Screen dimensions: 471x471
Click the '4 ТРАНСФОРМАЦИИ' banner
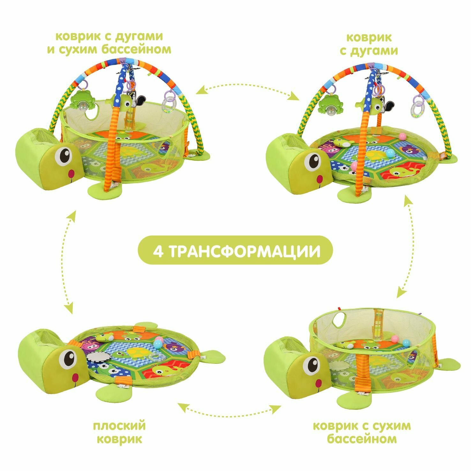pyautogui.click(x=235, y=251)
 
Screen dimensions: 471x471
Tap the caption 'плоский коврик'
pyautogui.click(x=119, y=432)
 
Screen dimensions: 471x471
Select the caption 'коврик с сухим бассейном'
pyautogui.click(x=362, y=432)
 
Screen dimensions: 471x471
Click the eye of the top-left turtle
pyautogui.click(x=64, y=155)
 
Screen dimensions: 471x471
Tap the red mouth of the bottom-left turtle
pyautogui.click(x=76, y=377)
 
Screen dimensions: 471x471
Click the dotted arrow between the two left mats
pyautogui.click(x=70, y=262)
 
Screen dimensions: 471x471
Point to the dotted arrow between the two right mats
pyautogui.click(x=405, y=247)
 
